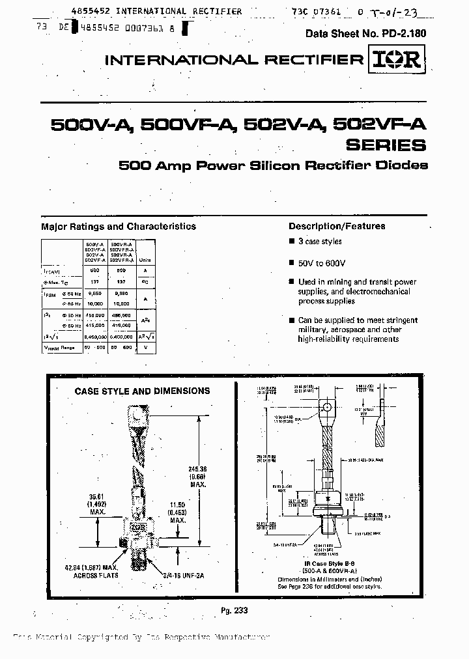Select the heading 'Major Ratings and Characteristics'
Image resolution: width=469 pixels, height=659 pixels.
point(119,227)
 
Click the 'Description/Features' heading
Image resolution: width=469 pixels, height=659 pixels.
point(337,227)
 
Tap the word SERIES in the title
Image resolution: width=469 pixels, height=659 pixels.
point(386,145)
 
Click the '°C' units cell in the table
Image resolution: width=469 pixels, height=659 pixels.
point(147,283)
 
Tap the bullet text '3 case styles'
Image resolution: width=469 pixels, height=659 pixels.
point(320,242)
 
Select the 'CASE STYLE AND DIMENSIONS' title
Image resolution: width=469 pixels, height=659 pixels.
point(143,391)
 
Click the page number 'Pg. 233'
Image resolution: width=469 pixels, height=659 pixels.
point(235,611)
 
